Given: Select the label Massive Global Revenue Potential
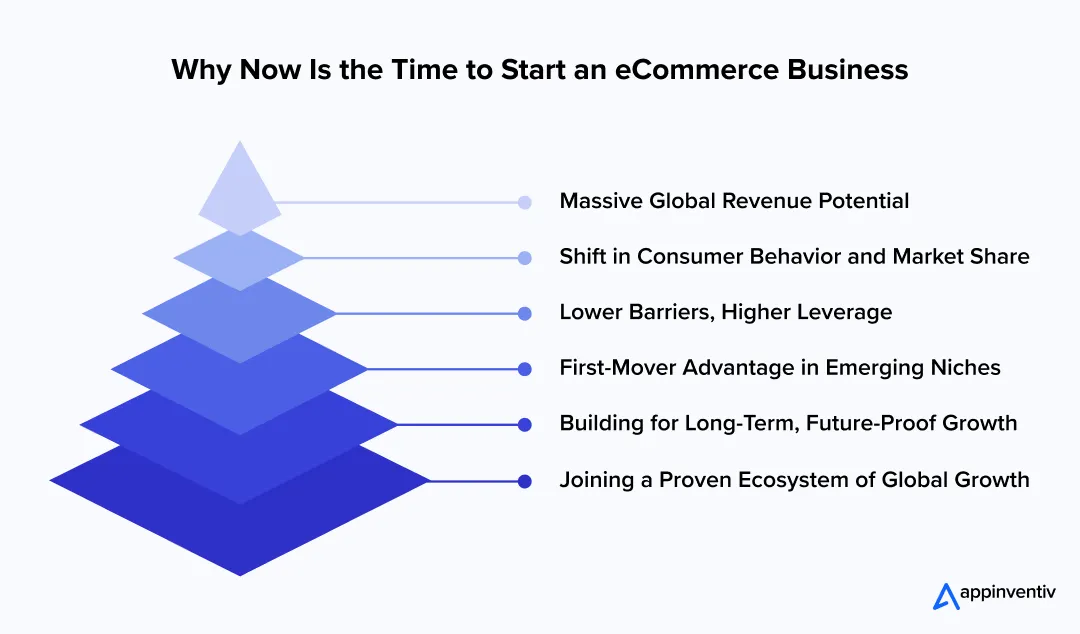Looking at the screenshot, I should [x=734, y=201].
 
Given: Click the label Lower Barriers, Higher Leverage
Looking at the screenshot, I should [x=725, y=313].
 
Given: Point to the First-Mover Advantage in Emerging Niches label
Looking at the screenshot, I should [x=780, y=368].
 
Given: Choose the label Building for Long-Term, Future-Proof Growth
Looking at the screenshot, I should [x=788, y=424].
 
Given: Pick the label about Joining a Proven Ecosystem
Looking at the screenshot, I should [x=794, y=480].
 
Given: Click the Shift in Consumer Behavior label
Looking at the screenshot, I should [x=794, y=257].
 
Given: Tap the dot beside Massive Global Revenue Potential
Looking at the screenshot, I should [x=525, y=202].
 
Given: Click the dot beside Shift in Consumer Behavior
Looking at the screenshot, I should [x=525, y=258].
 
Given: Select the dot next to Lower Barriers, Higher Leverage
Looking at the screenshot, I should [x=525, y=314].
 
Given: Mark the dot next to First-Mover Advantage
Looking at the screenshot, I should [x=525, y=369].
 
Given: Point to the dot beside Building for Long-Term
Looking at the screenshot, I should [x=525, y=425].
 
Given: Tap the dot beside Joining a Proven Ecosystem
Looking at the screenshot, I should [x=525, y=481].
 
